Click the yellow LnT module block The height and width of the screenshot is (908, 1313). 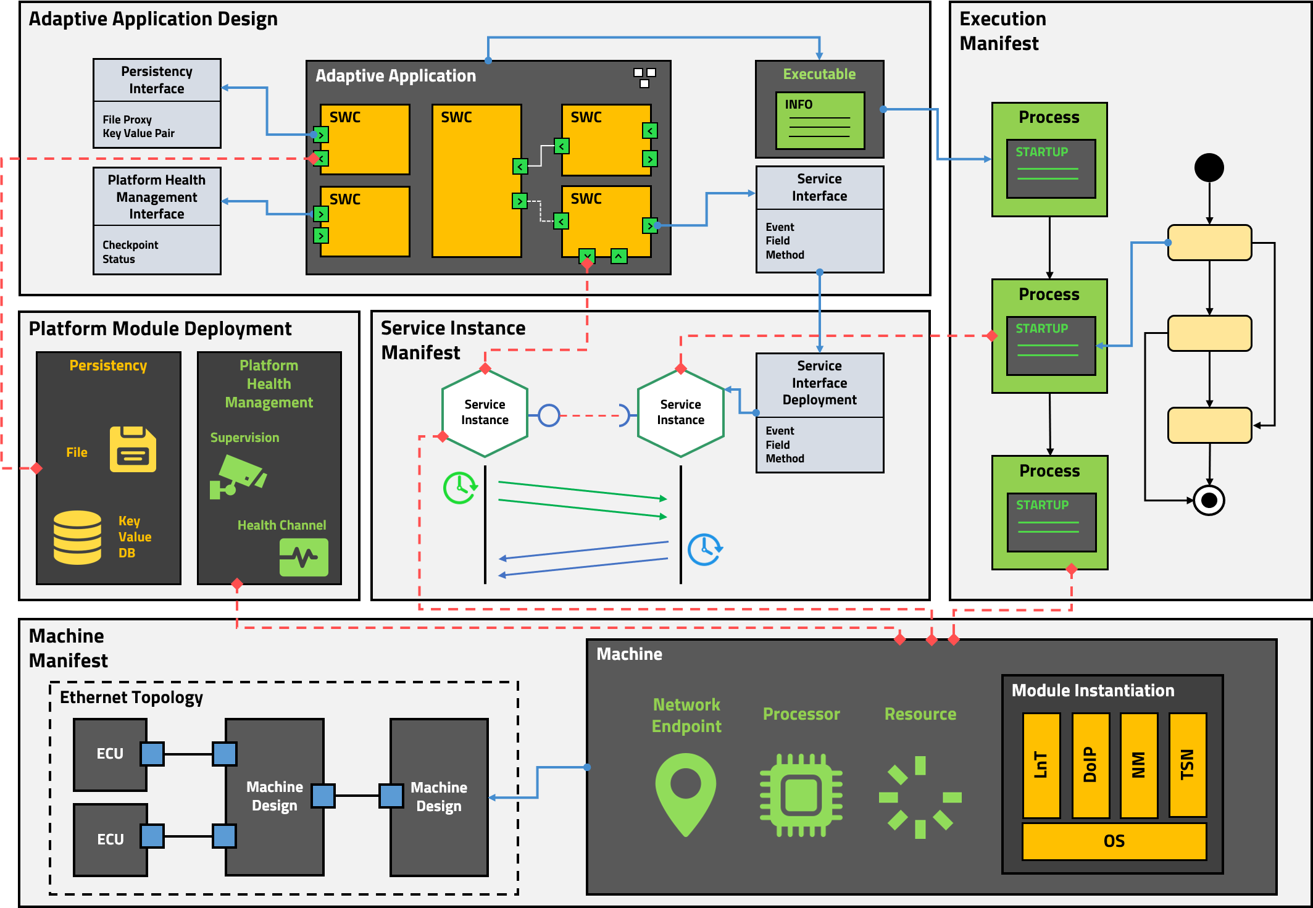pos(1041,765)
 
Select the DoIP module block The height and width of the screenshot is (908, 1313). pos(1090,765)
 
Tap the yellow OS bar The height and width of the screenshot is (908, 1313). pos(1114,841)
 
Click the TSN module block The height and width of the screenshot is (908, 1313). pos(1187,765)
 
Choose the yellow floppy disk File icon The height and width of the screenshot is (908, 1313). pos(133,449)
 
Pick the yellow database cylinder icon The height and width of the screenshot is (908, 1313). pos(77,537)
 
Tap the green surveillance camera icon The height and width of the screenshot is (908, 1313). pos(238,476)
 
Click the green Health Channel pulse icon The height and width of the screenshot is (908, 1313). pos(304,557)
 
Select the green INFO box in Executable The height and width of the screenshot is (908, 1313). pos(820,120)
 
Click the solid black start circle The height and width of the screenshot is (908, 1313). pos(1209,167)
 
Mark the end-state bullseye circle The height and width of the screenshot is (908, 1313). pos(1209,500)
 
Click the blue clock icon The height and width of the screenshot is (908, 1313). pos(704,549)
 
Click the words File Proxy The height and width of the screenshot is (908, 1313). pos(127,120)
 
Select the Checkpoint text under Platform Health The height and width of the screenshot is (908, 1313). pos(130,245)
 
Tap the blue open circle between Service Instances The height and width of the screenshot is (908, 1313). pos(549,415)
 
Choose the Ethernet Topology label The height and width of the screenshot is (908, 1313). pos(131,698)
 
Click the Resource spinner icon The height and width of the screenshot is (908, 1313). pos(920,797)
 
